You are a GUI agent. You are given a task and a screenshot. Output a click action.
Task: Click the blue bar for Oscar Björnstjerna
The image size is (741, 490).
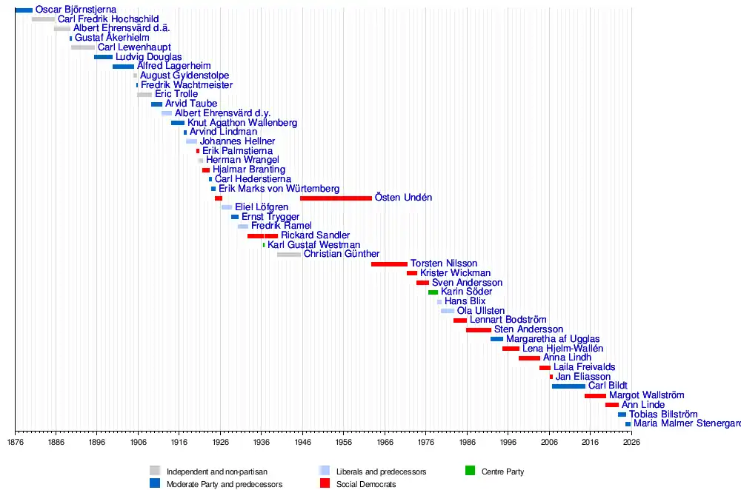[24, 10]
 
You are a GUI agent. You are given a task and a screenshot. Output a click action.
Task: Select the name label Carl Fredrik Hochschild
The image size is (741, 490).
[108, 19]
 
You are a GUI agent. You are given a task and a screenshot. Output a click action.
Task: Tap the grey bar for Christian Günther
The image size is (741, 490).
[289, 255]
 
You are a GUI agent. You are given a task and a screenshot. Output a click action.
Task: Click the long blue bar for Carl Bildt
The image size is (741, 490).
[568, 386]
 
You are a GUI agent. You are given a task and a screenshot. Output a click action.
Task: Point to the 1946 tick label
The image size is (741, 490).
[302, 442]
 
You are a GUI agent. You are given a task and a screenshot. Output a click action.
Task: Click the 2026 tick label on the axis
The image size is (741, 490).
[631, 442]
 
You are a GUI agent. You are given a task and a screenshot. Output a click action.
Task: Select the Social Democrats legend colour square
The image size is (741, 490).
[324, 483]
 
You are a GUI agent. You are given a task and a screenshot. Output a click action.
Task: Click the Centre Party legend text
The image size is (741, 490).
[502, 471]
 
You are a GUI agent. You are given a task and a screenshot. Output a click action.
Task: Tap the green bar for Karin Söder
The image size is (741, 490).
[433, 292]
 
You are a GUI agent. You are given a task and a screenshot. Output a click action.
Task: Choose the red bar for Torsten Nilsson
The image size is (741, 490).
[389, 264]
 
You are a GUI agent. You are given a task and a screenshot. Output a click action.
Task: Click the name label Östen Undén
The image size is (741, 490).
[403, 198]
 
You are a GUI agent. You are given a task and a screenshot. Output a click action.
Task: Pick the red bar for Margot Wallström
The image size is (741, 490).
[595, 396]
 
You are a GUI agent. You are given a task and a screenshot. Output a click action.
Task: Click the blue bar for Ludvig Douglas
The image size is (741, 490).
[103, 57]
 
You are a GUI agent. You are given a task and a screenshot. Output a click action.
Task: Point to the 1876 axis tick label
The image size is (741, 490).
[15, 442]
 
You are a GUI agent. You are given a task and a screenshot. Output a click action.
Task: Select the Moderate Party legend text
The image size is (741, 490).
[225, 484]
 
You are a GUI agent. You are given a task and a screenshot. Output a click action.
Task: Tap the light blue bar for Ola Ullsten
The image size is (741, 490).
[448, 311]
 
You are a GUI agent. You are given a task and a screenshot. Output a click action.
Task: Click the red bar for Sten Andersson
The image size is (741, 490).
[479, 330]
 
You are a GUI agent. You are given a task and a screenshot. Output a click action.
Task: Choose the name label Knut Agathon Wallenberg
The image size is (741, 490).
[242, 123]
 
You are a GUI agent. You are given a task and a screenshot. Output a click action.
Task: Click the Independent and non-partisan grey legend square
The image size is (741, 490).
[155, 471]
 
